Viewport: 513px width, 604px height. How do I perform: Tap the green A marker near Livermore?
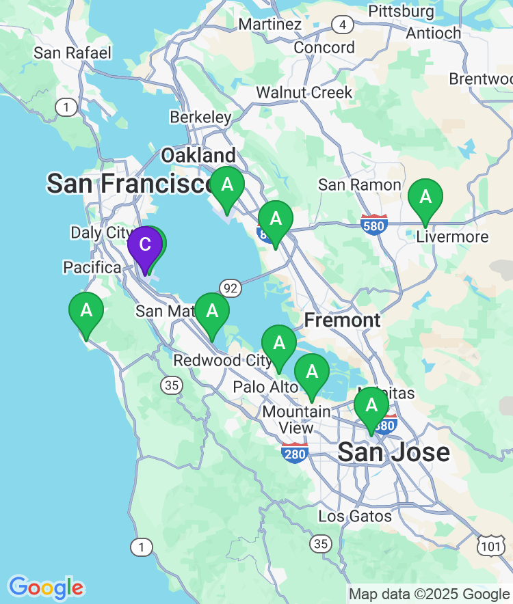coord(425,198)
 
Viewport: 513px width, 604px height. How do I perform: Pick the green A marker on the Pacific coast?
coord(86,312)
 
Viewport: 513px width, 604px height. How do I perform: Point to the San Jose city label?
coord(394,452)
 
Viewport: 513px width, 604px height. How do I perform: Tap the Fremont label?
coord(342,320)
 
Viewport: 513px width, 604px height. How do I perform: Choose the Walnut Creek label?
coord(304,92)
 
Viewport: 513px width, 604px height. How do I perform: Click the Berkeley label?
coord(200,118)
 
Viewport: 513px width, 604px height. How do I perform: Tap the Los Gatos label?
coord(355,516)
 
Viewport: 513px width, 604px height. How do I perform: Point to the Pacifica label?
coord(92,267)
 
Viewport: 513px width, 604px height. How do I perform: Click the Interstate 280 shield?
coord(295,452)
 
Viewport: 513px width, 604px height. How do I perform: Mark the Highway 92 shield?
coord(231,288)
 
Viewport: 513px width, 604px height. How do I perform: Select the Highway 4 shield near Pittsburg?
coord(342,25)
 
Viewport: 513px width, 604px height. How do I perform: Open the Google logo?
coord(46,588)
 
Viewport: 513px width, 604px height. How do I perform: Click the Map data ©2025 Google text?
coord(430,594)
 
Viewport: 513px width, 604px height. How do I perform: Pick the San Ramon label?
coord(360,185)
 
